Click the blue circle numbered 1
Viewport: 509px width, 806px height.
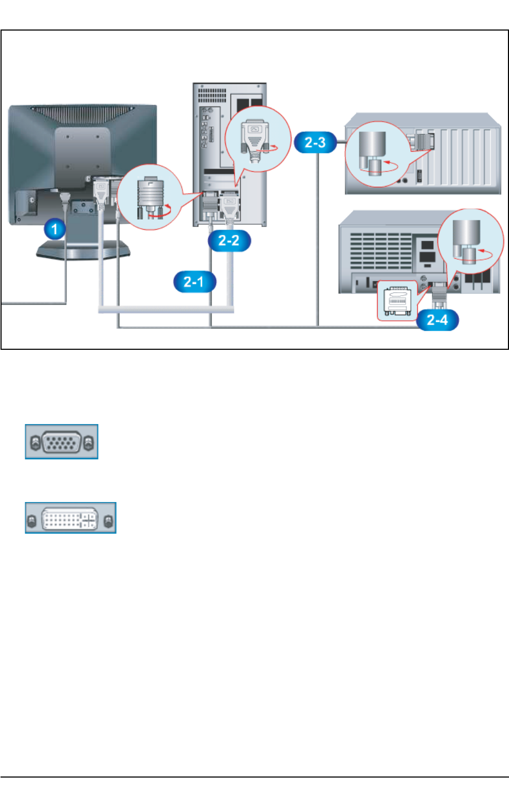54,229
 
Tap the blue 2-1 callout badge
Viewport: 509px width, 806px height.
195,282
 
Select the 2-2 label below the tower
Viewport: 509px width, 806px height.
228,241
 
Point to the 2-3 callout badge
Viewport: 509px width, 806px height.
315,142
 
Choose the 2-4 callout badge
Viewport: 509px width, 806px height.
437,320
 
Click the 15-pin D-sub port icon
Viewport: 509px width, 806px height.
62,442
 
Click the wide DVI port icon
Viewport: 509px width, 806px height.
70,518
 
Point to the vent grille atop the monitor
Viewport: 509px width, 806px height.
81,113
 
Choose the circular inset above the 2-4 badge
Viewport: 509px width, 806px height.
470,242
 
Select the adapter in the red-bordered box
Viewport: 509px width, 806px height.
397,301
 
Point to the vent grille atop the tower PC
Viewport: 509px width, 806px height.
212,95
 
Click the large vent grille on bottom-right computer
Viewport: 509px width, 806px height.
380,252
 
